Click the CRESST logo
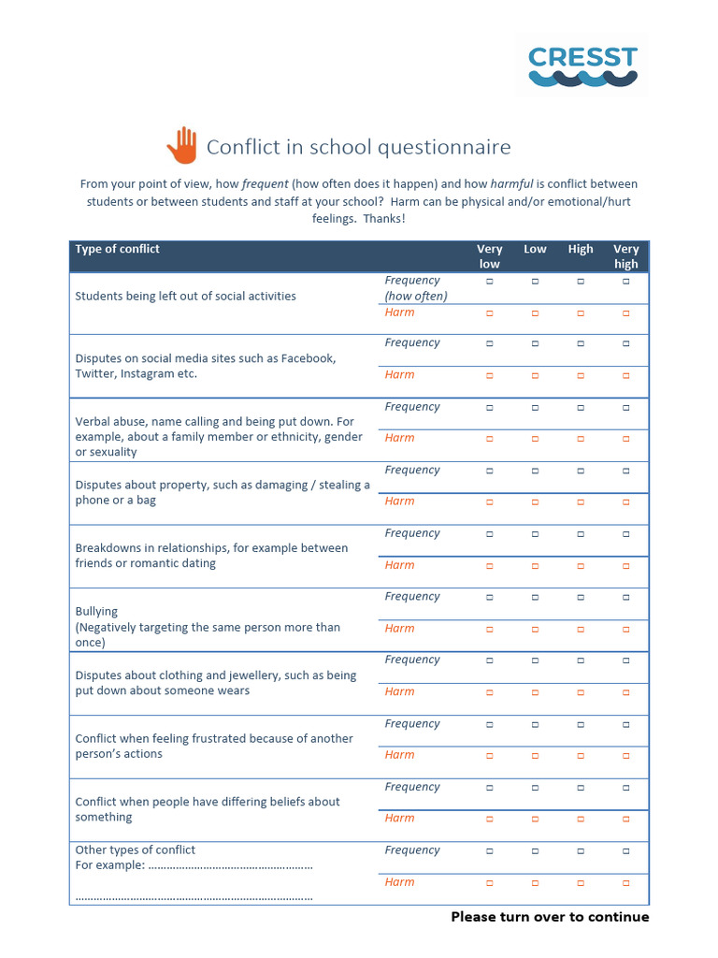pos(582,66)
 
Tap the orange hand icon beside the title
pos(183,145)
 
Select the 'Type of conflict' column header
pos(118,249)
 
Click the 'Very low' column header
pos(490,256)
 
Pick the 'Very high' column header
pos(625,256)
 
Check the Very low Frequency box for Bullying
pos(490,597)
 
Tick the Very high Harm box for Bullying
pos(626,629)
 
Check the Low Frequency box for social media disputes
pos(535,343)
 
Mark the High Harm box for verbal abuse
pos(581,439)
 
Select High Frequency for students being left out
pos(581,281)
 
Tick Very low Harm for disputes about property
pos(490,502)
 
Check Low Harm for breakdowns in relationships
pos(535,566)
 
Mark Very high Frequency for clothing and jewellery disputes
pos(626,660)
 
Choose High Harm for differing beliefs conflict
pos(581,819)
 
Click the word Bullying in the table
pos(96,612)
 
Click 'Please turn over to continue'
pos(550,917)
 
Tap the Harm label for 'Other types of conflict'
pos(399,882)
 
